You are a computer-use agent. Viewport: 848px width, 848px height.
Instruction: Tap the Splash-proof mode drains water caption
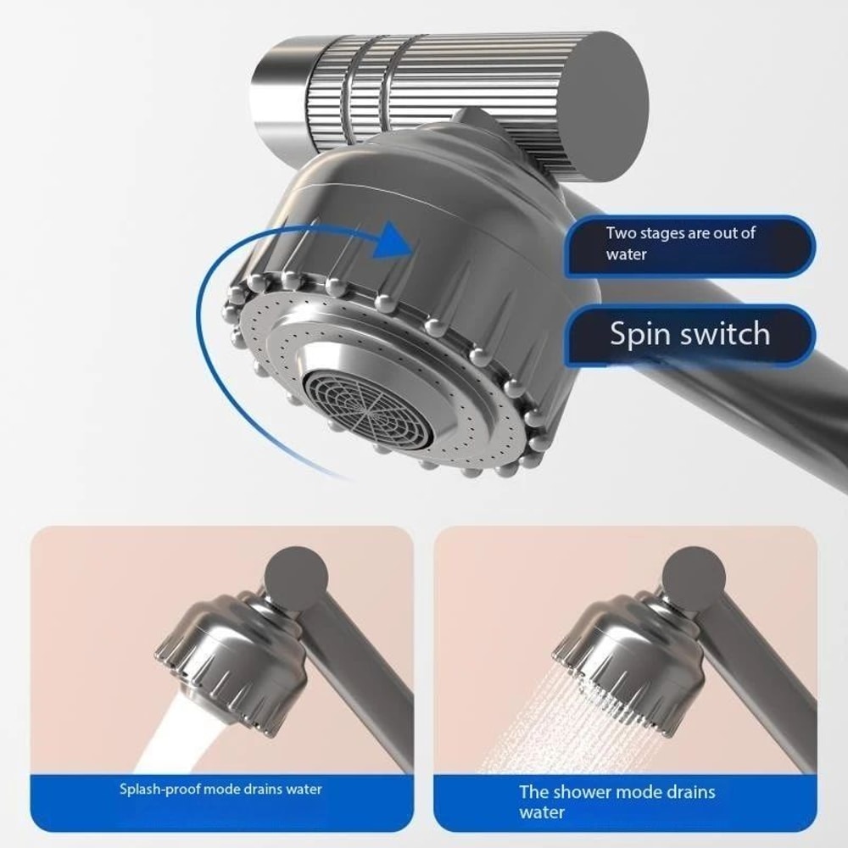tap(220, 789)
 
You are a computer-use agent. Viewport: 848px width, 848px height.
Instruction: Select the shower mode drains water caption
tap(617, 802)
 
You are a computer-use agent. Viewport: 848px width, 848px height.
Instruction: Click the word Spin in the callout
tap(641, 335)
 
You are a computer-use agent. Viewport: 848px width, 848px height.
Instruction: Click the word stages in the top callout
tap(667, 232)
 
